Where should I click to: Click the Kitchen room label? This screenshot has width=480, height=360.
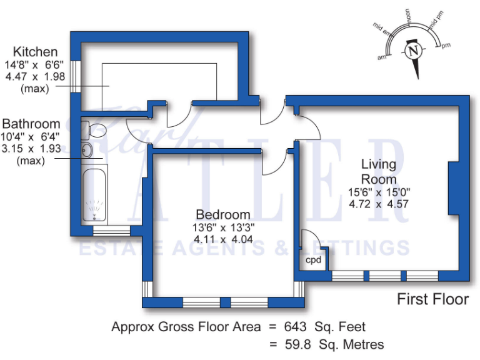36,52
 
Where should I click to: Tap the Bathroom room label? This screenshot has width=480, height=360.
31,124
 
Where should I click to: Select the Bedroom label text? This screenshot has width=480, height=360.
222,214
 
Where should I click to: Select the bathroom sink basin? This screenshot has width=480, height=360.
87,151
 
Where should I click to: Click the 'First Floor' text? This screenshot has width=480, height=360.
432,299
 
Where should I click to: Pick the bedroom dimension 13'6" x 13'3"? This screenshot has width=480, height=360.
222,227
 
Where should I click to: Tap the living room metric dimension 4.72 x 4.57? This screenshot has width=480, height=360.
379,203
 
